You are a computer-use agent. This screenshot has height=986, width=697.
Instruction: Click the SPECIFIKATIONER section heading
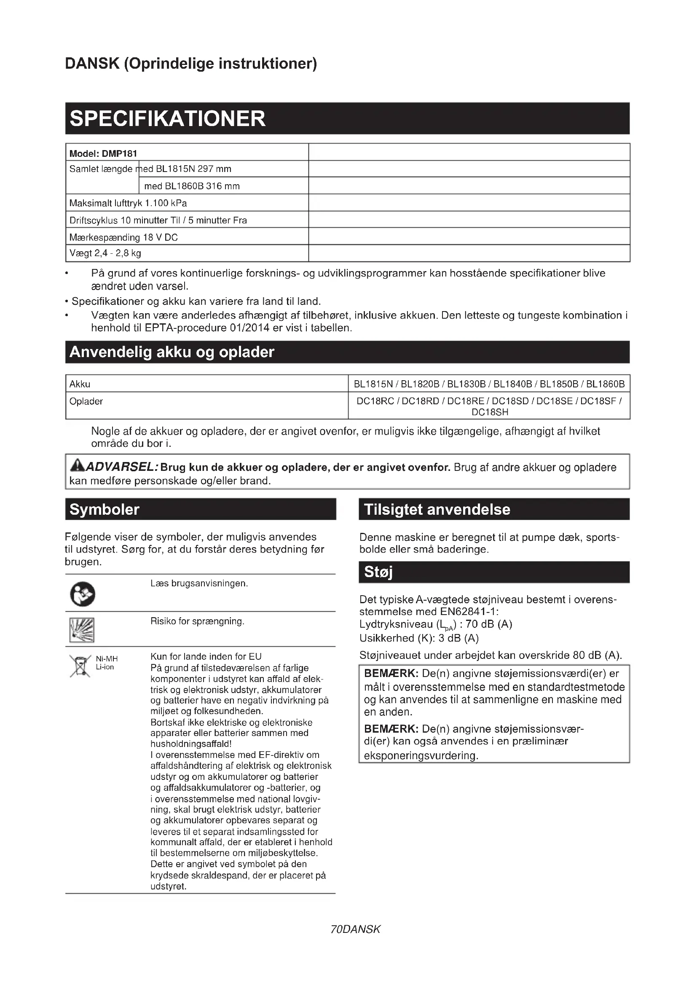pos(167,118)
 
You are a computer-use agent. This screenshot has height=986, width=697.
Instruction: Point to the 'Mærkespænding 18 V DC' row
pos(123,237)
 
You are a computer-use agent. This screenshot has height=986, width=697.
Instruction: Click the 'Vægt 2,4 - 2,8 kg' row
pos(105,253)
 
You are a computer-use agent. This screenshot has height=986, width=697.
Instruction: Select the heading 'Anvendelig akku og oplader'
pos(172,352)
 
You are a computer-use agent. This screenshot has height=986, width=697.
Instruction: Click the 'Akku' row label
pos(80,384)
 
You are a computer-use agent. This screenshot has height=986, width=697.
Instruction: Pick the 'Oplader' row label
pos(86,402)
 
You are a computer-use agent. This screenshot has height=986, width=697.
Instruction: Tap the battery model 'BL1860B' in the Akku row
pos(605,384)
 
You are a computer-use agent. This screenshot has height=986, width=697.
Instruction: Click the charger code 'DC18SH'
pos(490,412)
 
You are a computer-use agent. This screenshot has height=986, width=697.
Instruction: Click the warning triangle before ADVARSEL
pos(77,465)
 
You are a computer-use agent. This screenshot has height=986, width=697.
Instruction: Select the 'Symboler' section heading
pos(104,510)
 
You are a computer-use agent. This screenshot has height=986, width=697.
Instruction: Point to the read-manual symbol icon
pos(83,595)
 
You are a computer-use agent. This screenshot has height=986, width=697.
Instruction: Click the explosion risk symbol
pos(82,630)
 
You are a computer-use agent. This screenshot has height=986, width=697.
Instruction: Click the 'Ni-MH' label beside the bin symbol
pos(107,659)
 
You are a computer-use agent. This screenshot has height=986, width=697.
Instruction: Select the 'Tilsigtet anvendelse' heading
pos(437,510)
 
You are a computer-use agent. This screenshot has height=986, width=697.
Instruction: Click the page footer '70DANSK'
pos(355,930)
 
